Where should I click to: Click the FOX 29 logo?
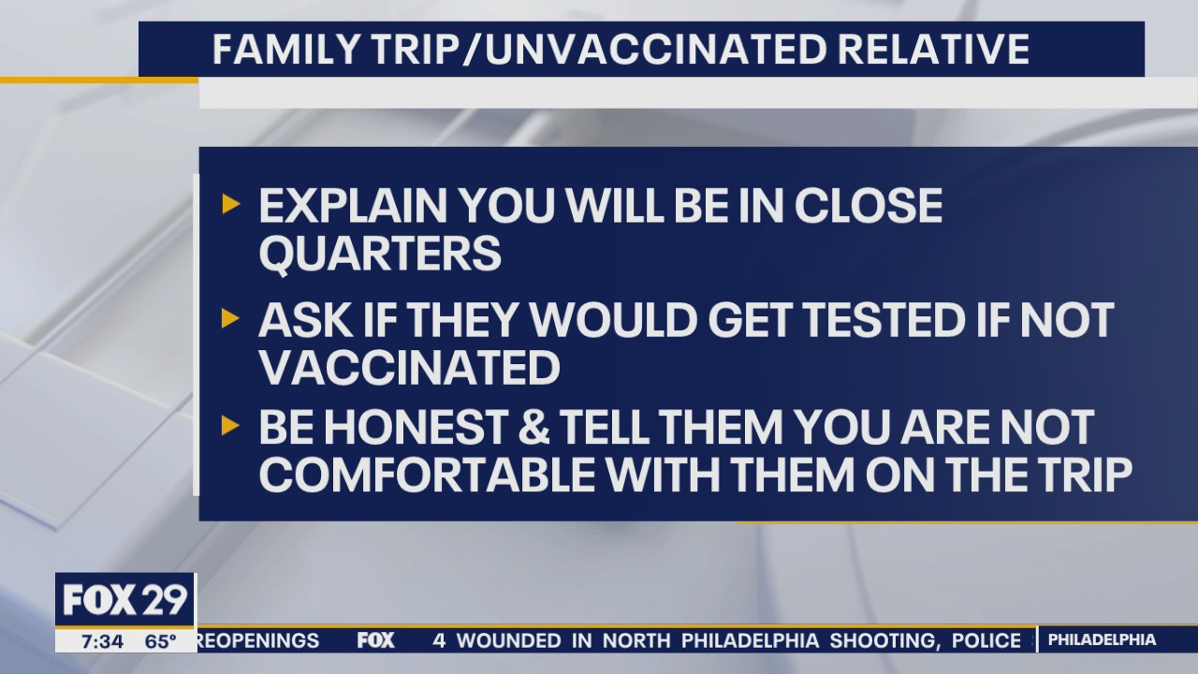pos(125,599)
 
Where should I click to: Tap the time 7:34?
pos(101,641)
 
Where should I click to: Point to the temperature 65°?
pos(160,641)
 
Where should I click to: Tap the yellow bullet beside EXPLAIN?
pos(230,204)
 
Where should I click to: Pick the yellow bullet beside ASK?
pos(230,319)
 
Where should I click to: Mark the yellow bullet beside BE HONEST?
pos(230,427)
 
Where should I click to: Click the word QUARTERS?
pos(380,255)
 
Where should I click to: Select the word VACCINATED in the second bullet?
pos(409,368)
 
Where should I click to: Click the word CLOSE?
pos(868,206)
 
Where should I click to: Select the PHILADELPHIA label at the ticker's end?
pos(1102,640)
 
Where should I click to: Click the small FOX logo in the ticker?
pos(375,641)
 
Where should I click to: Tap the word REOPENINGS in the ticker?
pos(259,641)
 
